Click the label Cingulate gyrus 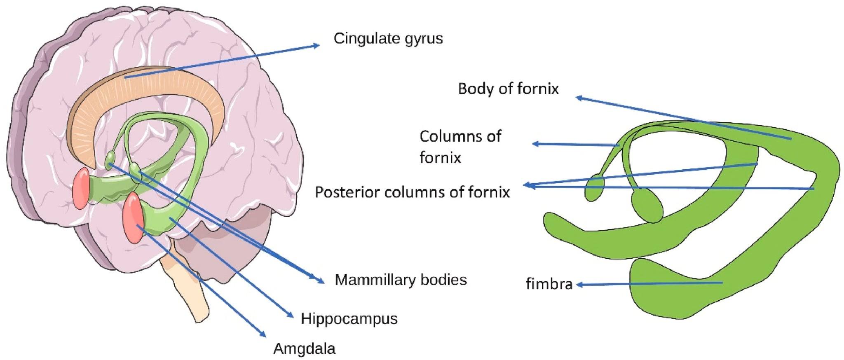click(388, 39)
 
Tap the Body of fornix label click(508, 89)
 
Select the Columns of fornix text click(460, 147)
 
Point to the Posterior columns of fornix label click(412, 192)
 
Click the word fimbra click(549, 284)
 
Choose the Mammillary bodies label click(401, 280)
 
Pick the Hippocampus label click(349, 319)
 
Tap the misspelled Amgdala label click(304, 349)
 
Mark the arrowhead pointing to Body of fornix click(579, 98)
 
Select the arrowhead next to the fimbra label click(579, 285)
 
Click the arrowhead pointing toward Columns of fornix click(536, 144)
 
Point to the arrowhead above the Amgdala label click(262, 334)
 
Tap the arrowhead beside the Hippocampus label click(290, 315)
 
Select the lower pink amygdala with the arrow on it click(133, 217)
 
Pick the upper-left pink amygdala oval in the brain click(81, 188)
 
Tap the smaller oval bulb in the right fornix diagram click(594, 188)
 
